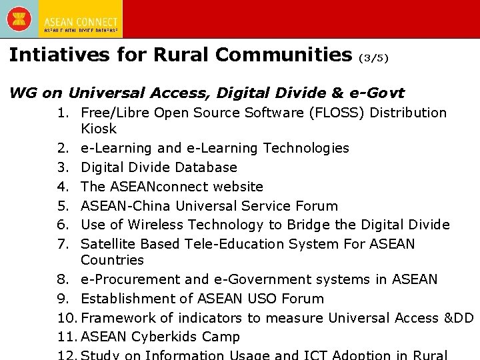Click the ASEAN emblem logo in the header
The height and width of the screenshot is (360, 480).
pyautogui.click(x=19, y=18)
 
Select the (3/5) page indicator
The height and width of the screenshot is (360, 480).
pyautogui.click(x=373, y=58)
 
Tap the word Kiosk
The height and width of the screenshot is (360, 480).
pyautogui.click(x=98, y=129)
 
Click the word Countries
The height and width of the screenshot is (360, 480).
pyautogui.click(x=112, y=260)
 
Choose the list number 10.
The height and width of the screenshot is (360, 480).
pyautogui.click(x=67, y=318)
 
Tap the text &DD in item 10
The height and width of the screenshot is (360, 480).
pyautogui.click(x=458, y=318)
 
